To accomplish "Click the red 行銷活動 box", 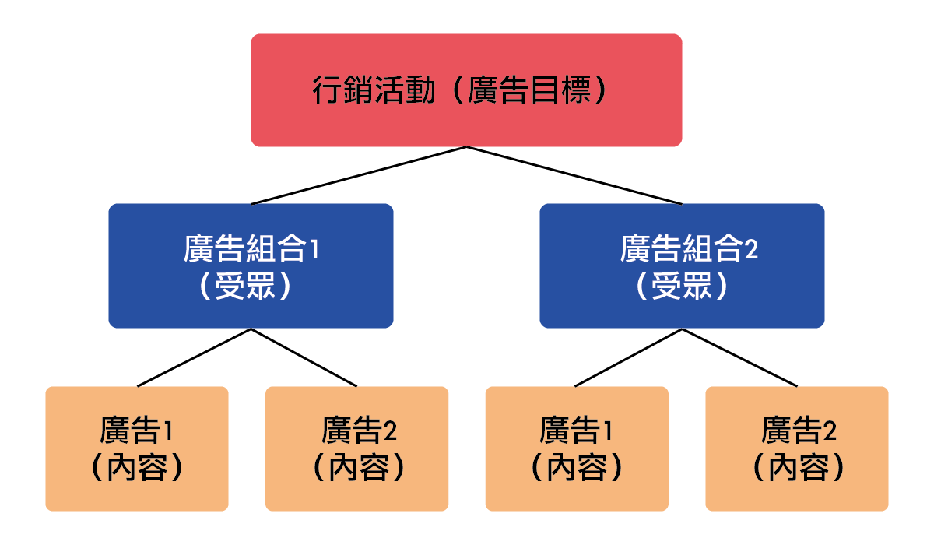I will tap(466, 90).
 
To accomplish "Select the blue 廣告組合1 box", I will tap(251, 265).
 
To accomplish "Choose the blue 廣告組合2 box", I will tap(682, 265).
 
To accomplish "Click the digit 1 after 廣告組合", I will tap(314, 249).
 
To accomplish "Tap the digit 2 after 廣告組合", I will tap(751, 250).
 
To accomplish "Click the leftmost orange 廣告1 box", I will tap(137, 448).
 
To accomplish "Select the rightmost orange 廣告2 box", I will tap(797, 448).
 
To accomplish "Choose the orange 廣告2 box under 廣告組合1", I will tap(357, 448).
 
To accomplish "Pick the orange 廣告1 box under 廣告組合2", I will tap(577, 448).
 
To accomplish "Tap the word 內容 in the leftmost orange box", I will tap(137, 468).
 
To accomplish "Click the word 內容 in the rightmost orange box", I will tap(798, 468).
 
